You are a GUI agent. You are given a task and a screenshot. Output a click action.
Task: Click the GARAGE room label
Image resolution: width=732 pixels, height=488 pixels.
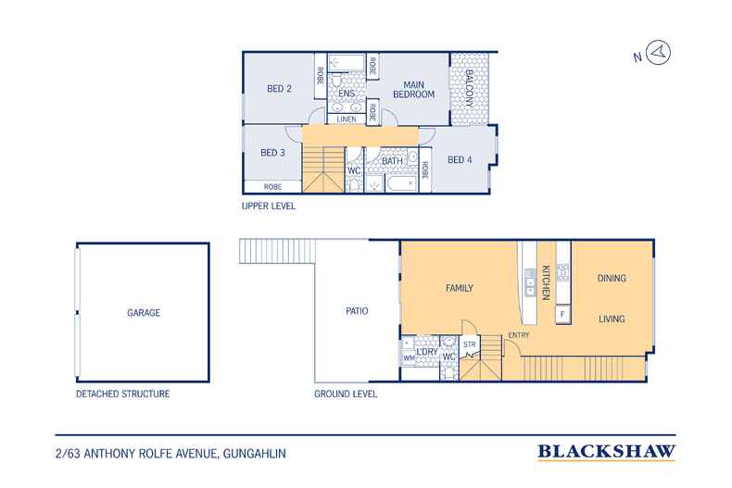(144, 313)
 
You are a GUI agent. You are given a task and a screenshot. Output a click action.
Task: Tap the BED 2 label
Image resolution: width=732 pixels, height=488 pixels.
(279, 89)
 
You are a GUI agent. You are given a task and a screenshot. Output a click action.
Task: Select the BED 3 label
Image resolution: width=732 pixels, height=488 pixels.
(272, 153)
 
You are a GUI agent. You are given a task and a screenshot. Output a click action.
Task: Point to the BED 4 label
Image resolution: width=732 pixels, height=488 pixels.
(460, 159)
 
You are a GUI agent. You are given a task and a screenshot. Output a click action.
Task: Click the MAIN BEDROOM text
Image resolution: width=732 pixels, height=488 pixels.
(413, 90)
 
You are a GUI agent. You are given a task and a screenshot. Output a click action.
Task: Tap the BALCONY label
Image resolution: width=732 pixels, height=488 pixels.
(469, 89)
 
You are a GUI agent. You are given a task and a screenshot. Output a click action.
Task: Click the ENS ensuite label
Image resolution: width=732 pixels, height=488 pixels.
(347, 94)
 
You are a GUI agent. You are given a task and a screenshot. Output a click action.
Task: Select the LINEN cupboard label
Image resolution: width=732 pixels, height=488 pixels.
(347, 119)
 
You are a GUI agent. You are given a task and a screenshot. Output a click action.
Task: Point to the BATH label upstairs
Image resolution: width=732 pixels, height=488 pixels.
(392, 160)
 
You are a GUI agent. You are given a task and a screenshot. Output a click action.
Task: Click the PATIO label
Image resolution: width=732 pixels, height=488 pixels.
(357, 311)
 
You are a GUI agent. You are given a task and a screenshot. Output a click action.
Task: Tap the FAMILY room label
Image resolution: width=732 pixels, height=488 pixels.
(460, 288)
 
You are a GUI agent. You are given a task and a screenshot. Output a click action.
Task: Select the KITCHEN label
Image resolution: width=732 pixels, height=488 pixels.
(546, 282)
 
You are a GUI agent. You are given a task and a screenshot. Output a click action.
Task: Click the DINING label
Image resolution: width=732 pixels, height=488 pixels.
(612, 278)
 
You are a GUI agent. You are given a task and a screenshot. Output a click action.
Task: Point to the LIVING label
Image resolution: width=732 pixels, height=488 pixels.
(612, 319)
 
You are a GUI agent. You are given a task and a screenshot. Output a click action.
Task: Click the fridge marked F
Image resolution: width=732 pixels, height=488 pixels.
(562, 315)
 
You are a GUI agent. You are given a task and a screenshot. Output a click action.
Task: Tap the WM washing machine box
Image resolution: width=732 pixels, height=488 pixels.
(409, 358)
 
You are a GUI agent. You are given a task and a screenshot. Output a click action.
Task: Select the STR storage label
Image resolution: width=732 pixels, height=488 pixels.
(470, 344)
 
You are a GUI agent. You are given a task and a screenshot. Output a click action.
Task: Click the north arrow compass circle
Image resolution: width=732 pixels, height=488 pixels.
(659, 52)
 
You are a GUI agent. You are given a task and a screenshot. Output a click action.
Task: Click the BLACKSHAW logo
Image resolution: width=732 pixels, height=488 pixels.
(606, 452)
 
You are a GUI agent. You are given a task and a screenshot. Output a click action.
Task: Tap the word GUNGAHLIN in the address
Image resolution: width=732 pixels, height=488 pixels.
(255, 454)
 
